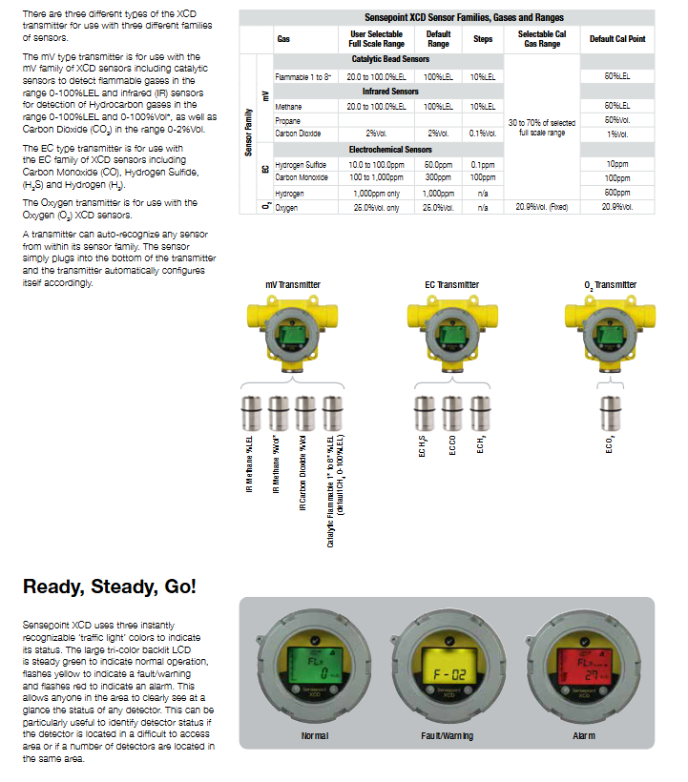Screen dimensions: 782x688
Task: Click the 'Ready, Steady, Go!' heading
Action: [110, 586]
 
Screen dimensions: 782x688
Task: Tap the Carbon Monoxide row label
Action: [302, 177]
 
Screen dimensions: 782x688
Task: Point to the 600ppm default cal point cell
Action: [617, 193]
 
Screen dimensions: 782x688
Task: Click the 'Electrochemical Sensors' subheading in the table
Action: [391, 150]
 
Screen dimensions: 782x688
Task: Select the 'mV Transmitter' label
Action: [293, 285]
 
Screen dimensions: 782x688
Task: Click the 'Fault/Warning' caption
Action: [447, 735]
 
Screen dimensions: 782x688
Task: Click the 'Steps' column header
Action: [483, 39]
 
